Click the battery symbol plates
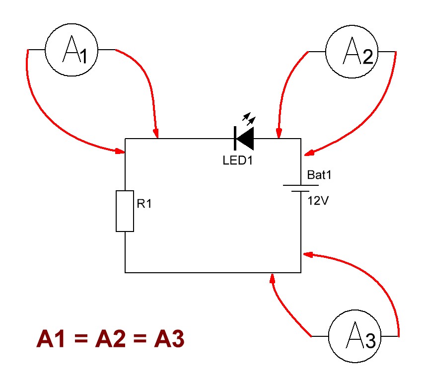(x=300, y=188)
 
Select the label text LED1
(x=237, y=160)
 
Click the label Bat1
(x=319, y=175)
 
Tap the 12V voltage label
(x=318, y=201)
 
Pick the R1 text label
(x=144, y=204)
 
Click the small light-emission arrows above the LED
(x=249, y=118)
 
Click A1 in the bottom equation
(x=51, y=338)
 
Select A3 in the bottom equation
(x=169, y=338)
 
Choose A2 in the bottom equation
(x=110, y=338)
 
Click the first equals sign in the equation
(x=80, y=339)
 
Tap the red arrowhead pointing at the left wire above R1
(x=120, y=151)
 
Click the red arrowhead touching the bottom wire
(x=272, y=279)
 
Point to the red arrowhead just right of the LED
(x=279, y=133)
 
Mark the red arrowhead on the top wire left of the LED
(x=155, y=133)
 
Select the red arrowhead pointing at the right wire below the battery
(x=308, y=254)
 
